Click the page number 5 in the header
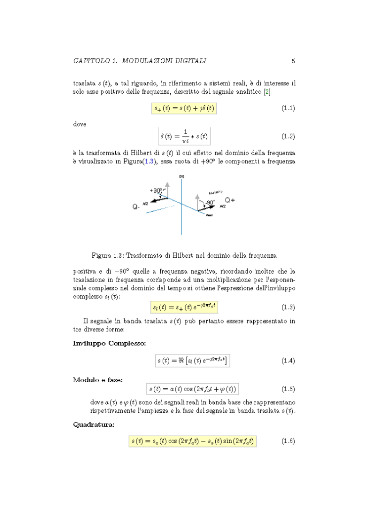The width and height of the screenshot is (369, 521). [x=293, y=61]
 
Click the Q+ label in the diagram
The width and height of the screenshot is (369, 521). [x=230, y=200]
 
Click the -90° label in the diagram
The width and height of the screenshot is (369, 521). [x=210, y=202]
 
